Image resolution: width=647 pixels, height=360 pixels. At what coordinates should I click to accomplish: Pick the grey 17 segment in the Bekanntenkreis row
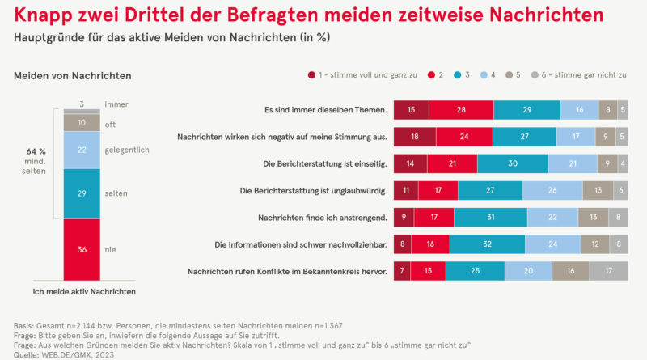(606, 270)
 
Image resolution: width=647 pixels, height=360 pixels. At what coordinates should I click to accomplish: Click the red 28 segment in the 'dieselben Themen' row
(461, 110)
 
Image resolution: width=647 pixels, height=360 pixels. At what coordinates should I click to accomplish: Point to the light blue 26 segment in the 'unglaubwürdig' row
(552, 190)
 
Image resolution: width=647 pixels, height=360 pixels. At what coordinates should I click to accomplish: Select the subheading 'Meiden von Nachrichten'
(73, 75)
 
